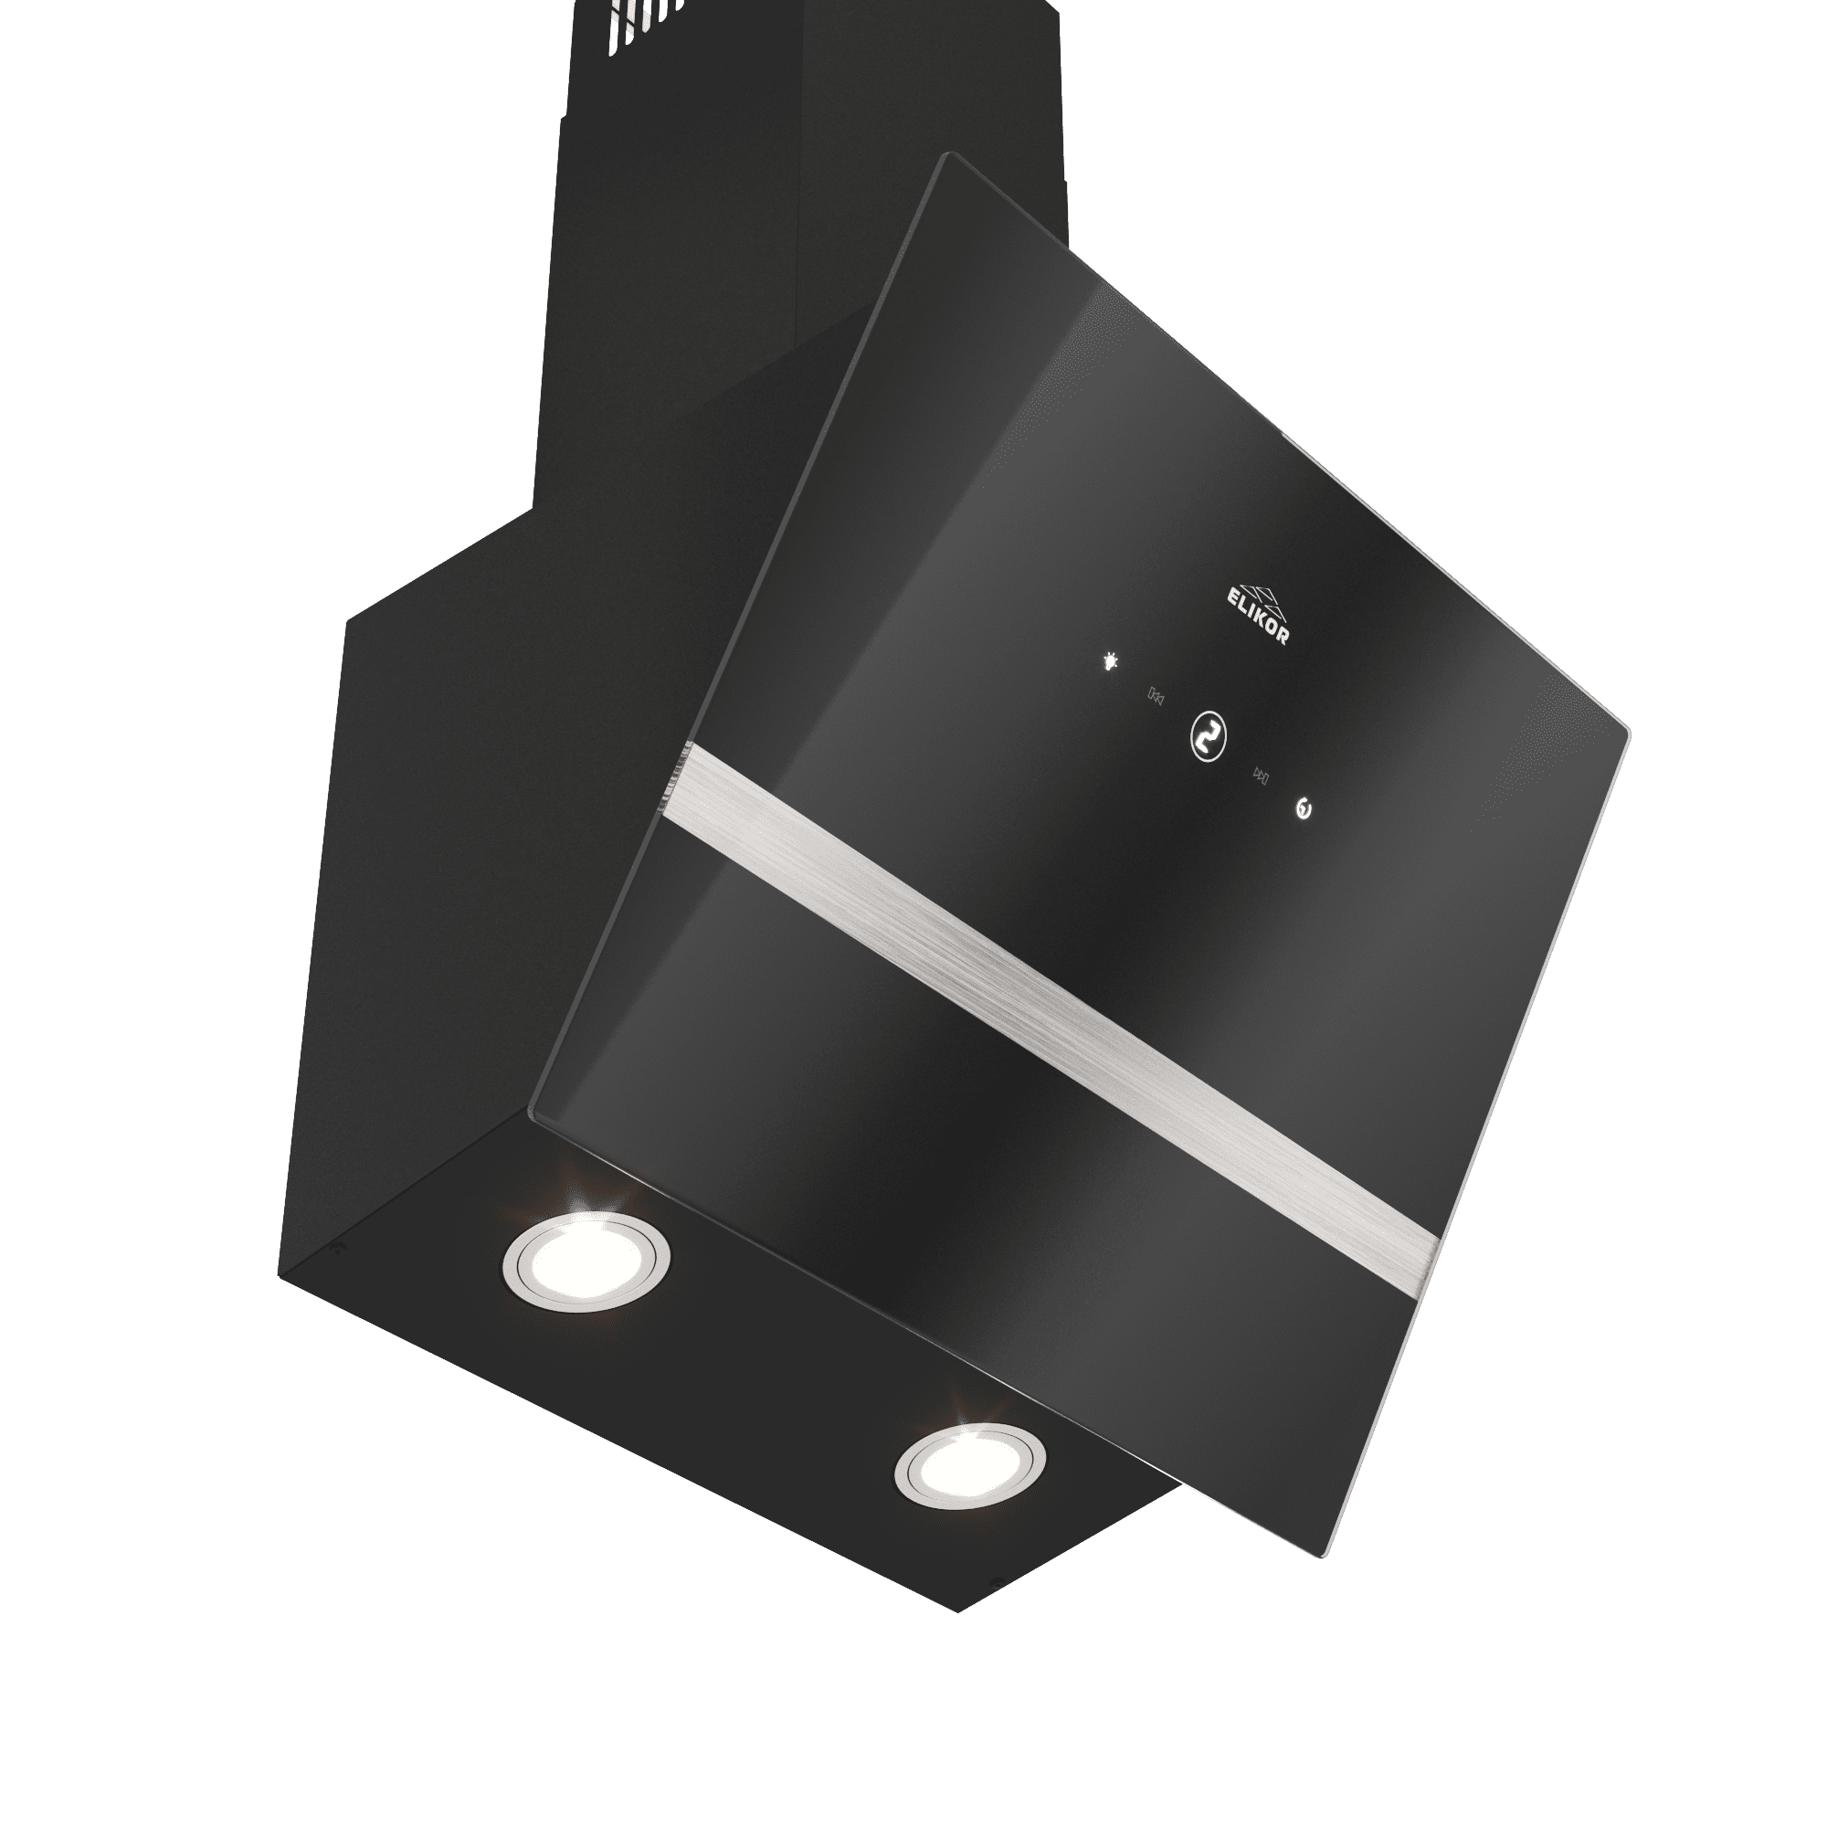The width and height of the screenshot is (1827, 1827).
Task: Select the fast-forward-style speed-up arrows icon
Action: coord(1262,776)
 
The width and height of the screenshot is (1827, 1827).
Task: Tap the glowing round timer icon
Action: coord(1305,809)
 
